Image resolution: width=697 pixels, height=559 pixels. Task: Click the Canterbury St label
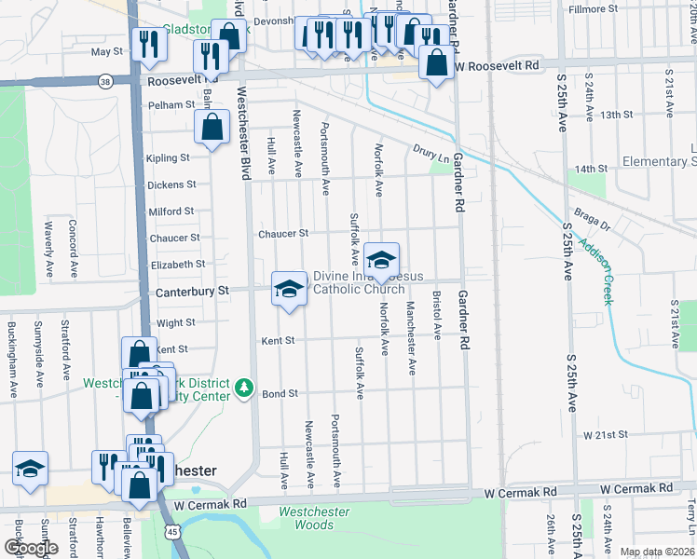[x=191, y=292]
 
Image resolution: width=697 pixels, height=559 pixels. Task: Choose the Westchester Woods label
[x=315, y=518]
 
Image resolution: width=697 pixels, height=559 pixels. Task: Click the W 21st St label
[x=607, y=435]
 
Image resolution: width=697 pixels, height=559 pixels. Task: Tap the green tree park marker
[x=244, y=387]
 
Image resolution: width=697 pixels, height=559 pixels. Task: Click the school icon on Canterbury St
[x=289, y=289]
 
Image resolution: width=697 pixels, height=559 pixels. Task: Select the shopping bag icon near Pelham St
[x=213, y=126]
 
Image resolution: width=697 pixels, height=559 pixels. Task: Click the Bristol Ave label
[x=436, y=319]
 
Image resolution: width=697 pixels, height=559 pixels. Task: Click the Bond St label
[x=279, y=394]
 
